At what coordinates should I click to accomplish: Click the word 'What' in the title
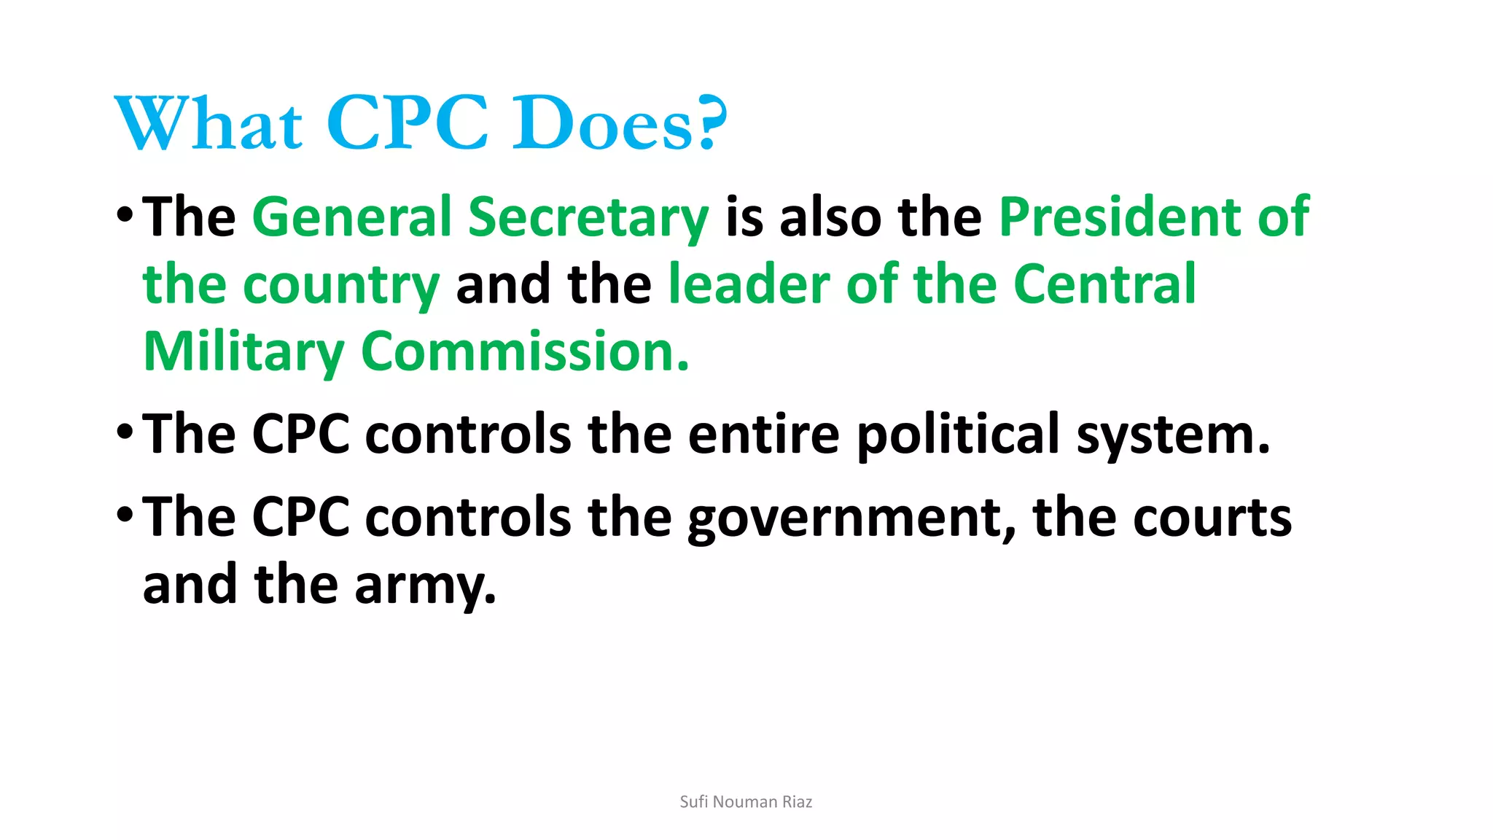click(x=208, y=122)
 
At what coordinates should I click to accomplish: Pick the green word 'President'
click(x=1120, y=217)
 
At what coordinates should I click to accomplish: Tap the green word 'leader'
click(x=749, y=284)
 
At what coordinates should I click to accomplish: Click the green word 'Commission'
click(x=523, y=351)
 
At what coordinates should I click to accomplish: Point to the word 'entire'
click(x=763, y=435)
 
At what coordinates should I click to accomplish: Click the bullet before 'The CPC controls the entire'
click(x=125, y=432)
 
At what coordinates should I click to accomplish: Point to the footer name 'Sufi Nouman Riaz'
click(x=746, y=802)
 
